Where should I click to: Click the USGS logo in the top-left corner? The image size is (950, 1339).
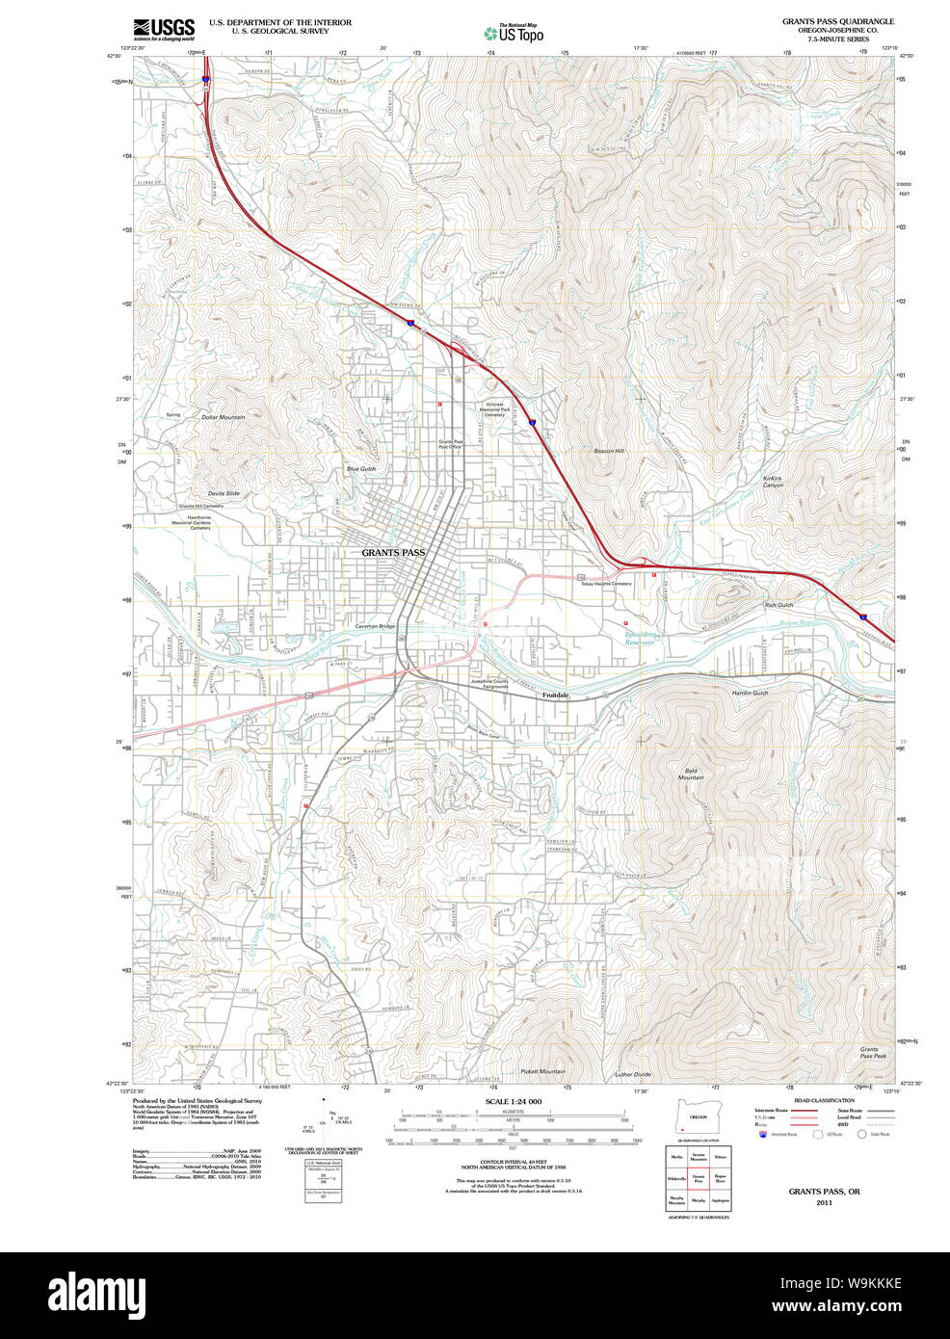tap(164, 28)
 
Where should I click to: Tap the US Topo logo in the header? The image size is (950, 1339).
tap(514, 34)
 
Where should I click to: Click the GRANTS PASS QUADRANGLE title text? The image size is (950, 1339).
tap(837, 21)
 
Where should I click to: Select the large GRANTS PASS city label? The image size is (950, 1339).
tap(393, 553)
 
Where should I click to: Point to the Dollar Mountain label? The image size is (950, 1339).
tap(223, 417)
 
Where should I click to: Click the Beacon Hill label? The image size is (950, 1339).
tap(609, 451)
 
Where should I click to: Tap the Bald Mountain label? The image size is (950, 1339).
tap(691, 774)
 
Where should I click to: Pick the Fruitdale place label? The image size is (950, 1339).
tap(556, 695)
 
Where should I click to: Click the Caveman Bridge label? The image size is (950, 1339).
tap(375, 626)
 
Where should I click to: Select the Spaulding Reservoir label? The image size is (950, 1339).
tap(640, 638)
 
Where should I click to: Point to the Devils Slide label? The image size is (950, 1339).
tap(224, 493)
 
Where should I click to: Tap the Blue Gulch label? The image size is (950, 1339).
tap(361, 469)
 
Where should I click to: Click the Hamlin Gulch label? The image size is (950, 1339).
tap(750, 693)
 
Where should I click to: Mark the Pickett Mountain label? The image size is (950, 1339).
tap(542, 1071)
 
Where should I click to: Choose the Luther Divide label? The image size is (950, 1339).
tap(633, 1074)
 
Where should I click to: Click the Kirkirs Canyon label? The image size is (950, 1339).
tap(773, 482)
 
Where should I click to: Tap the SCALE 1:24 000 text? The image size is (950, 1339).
tap(514, 1101)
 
